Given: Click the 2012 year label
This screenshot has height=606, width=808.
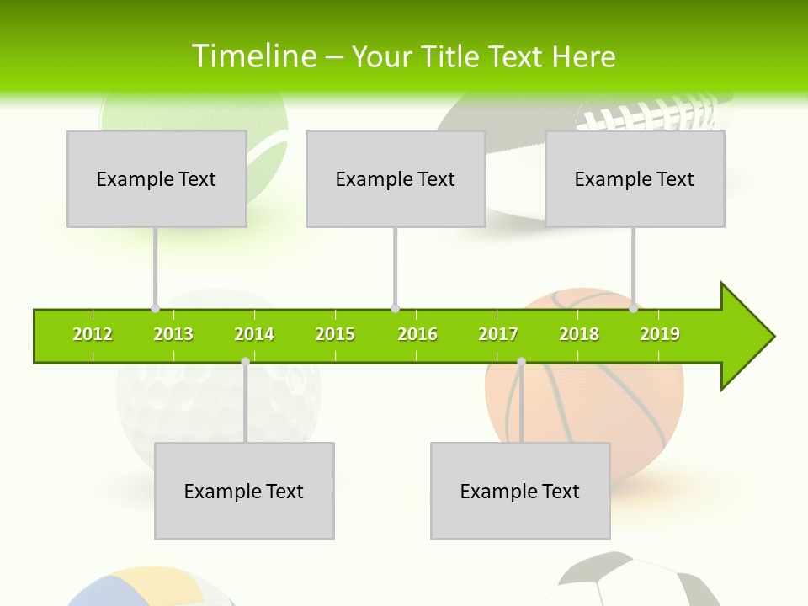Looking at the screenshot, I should [93, 335].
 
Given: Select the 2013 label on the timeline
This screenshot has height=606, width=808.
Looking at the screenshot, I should [173, 335].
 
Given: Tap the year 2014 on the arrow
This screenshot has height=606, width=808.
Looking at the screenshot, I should [254, 335].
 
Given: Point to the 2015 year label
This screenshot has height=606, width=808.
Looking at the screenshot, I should [335, 335].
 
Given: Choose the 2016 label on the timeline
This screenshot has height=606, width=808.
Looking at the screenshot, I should [417, 335].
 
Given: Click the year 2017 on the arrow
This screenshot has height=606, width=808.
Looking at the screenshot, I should [498, 335].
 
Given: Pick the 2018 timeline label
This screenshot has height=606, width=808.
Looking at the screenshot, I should [579, 335].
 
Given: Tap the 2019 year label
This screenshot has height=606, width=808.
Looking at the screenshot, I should [660, 335].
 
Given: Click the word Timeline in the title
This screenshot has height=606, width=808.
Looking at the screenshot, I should [252, 56].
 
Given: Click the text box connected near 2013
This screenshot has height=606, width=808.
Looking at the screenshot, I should [157, 178].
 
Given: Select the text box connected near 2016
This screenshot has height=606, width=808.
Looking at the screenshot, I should [396, 178].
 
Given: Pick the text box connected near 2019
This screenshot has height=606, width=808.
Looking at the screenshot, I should [635, 178].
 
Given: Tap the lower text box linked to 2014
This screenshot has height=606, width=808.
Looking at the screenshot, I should [244, 491].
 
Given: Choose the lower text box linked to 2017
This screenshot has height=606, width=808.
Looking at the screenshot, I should [520, 491].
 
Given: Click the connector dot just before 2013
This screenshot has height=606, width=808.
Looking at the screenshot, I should [155, 308].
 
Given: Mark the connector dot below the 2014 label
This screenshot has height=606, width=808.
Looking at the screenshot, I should [245, 361].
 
